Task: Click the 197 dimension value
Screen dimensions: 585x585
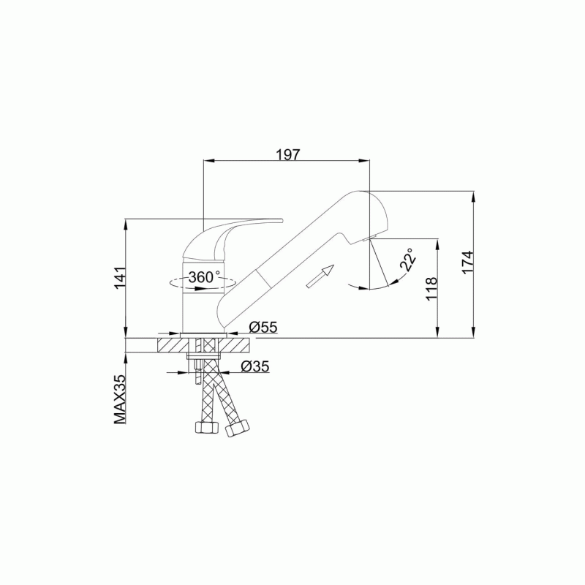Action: pos(287,154)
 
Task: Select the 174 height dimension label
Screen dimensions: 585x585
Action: pos(467,263)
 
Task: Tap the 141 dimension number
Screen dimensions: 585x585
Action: pos(120,278)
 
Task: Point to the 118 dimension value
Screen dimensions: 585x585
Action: pos(431,289)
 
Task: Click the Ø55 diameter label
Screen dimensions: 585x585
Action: pos(263,327)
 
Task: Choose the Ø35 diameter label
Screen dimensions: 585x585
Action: pos(255,366)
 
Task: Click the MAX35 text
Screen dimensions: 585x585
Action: pos(120,399)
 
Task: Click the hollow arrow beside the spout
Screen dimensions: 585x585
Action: pos(320,276)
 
